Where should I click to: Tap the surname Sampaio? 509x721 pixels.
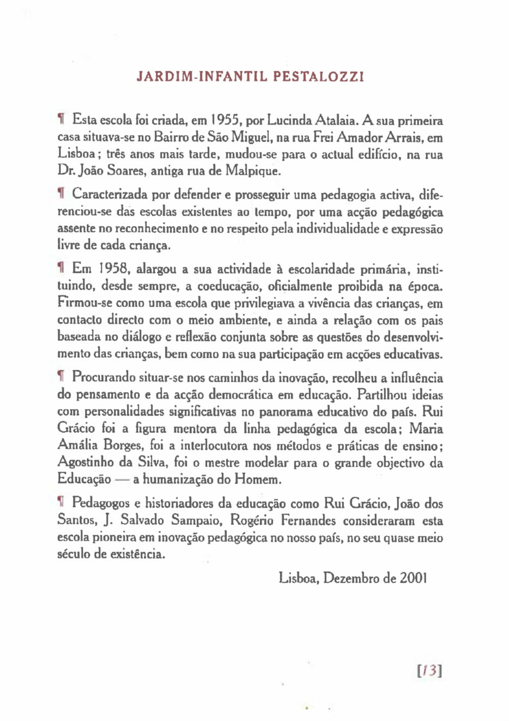point(195,521)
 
